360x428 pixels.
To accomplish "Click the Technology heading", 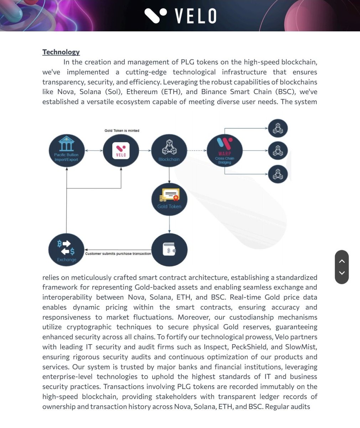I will pyautogui.click(x=61, y=52).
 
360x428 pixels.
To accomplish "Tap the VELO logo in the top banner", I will pyautogui.click(x=180, y=16).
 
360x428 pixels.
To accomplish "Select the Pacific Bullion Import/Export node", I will pyautogui.click(x=67, y=151).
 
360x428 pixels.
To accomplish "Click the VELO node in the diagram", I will pyautogui.click(x=121, y=151).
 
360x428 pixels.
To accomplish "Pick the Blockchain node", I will pyautogui.click(x=169, y=151).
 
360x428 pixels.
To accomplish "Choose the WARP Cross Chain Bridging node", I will pyautogui.click(x=225, y=151).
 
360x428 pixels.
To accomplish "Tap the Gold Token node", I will pyautogui.click(x=169, y=199).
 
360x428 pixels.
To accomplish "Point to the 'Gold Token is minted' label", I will pyautogui.click(x=122, y=131).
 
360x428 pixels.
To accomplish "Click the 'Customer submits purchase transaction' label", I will pyautogui.click(x=118, y=254).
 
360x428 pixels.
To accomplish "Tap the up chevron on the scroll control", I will pyautogui.click(x=342, y=261).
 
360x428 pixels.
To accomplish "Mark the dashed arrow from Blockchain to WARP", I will pyautogui.click(x=197, y=151).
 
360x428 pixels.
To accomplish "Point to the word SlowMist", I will pyautogui.click(x=301, y=347).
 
